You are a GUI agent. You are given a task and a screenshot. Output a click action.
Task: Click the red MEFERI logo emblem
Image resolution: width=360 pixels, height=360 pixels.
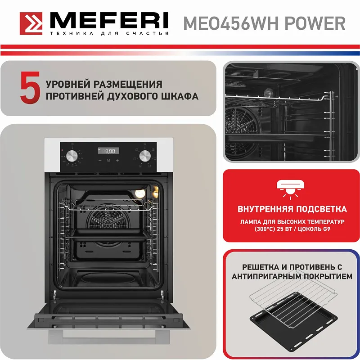pos(31,23)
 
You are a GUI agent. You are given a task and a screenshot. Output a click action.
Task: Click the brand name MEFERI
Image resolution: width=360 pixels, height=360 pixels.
pos(108,20)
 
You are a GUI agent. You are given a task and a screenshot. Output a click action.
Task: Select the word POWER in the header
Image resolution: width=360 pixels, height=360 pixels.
pos(319,22)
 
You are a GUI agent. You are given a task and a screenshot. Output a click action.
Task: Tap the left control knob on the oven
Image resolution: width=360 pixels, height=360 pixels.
pos(72,156)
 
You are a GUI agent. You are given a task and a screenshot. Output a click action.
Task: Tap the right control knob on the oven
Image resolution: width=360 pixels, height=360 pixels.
pos(144,156)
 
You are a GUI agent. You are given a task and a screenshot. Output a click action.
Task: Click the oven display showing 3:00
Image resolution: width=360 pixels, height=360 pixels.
pos(108,151)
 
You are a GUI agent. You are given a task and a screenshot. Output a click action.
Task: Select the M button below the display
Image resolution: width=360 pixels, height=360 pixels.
pos(108,160)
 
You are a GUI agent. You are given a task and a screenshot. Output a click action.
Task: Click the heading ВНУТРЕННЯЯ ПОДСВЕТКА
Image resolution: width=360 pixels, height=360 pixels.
pos(292,209)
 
